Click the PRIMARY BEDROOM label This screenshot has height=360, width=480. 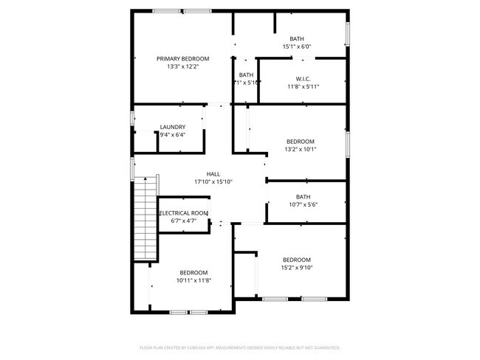click(182, 58)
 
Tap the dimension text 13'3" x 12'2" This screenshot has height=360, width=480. click(182, 66)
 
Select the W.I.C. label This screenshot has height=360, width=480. click(302, 78)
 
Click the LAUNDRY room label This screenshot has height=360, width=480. click(172, 127)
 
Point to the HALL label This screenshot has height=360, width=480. click(213, 174)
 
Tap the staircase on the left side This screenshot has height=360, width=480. click(146, 218)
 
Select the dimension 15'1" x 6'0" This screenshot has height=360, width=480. click(297, 46)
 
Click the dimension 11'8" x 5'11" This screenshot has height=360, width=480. click(302, 86)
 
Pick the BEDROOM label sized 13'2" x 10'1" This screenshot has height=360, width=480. click(301, 141)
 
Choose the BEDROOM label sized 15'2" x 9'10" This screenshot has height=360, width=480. click(296, 260)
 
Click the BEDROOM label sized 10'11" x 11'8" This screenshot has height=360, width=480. click(193, 272)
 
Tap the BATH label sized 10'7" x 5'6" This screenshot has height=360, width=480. click(303, 196)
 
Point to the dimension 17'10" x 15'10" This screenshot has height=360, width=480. click(213, 181)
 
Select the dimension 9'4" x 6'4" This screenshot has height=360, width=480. click(172, 135)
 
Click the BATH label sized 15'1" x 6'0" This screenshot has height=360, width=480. click(297, 38)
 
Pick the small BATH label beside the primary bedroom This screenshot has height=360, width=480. click(246, 75)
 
